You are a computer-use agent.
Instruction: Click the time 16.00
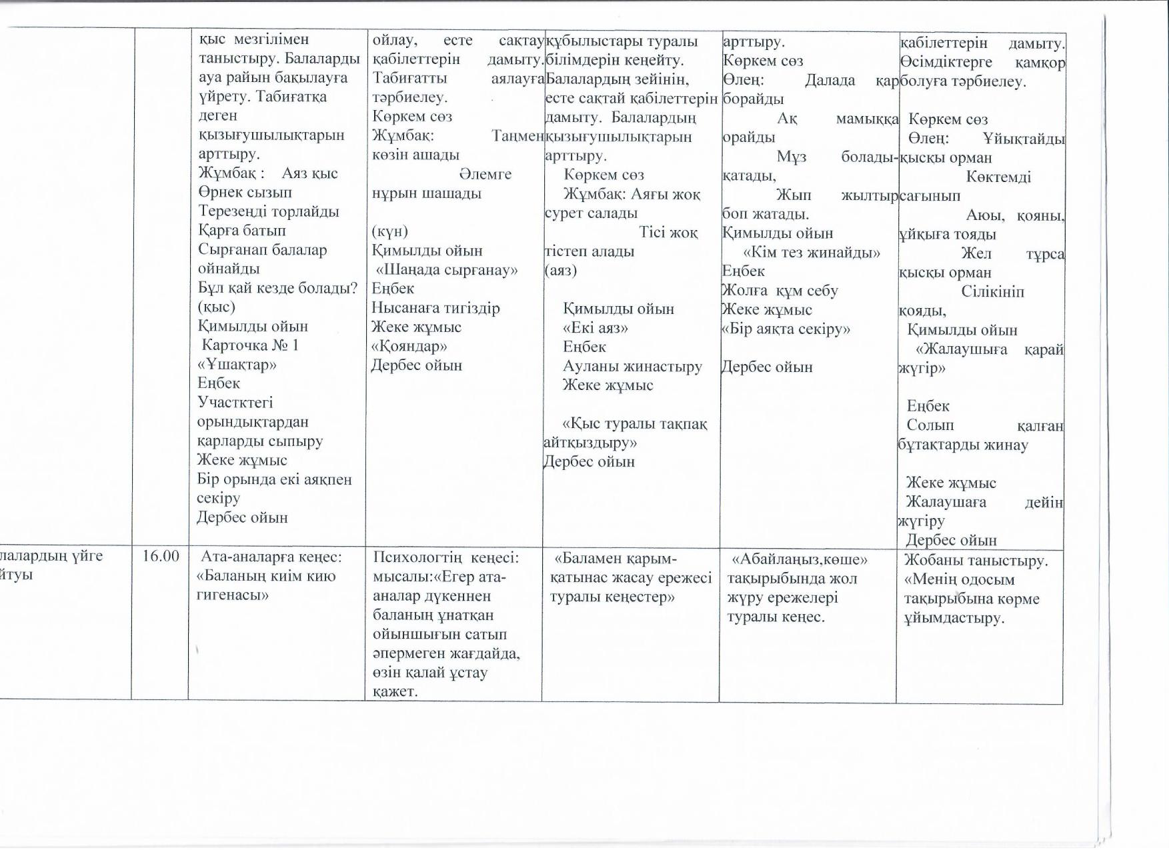tap(161, 556)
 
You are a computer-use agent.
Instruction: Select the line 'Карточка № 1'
tap(250, 345)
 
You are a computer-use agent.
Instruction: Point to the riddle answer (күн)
tap(389, 231)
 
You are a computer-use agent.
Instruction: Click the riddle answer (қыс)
tap(217, 307)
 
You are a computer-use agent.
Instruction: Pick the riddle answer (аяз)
tap(561, 271)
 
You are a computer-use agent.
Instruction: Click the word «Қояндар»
tap(409, 347)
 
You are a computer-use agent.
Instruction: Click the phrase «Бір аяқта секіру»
tap(786, 329)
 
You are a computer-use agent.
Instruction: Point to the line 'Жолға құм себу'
tap(780, 291)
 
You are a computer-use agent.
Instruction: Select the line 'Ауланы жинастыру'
tap(632, 367)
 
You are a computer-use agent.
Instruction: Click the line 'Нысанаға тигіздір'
tap(435, 308)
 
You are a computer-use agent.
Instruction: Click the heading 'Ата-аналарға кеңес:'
tap(271, 557)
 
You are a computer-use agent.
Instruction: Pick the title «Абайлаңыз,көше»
tap(800, 559)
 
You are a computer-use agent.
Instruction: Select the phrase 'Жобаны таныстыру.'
tap(976, 561)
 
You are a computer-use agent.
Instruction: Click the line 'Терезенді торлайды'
tap(269, 212)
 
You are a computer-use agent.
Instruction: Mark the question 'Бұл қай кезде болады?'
tap(277, 289)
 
